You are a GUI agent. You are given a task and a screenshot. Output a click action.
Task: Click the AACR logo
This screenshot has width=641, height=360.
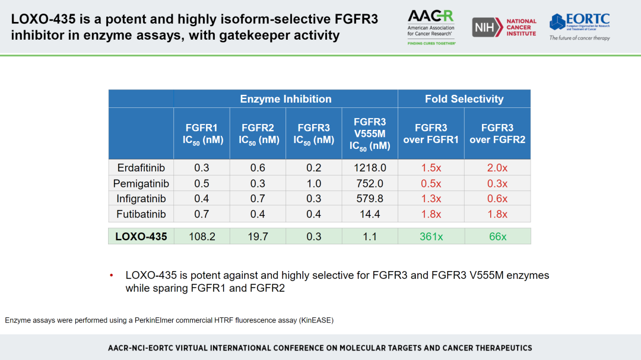click(x=431, y=27)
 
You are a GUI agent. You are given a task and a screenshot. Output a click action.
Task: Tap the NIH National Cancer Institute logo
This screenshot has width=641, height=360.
click(x=504, y=27)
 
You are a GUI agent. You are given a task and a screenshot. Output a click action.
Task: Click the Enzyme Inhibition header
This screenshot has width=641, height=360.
click(x=285, y=99)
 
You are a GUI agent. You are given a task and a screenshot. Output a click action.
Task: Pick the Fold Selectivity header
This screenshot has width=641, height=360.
click(x=464, y=99)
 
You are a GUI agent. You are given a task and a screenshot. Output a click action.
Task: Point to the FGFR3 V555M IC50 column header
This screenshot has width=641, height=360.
click(x=370, y=133)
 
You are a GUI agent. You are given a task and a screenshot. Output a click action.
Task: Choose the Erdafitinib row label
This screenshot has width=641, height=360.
click(x=141, y=168)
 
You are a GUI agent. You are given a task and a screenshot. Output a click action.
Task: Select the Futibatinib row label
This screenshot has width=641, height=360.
click(x=141, y=214)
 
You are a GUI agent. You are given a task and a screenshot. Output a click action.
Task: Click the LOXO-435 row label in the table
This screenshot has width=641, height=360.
click(x=141, y=237)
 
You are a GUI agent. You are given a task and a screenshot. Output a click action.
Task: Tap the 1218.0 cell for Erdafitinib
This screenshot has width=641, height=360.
click(x=370, y=168)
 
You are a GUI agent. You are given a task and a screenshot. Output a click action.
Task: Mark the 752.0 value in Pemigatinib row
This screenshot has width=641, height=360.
click(x=370, y=183)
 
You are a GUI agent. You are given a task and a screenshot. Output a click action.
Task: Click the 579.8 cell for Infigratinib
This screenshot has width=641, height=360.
click(x=370, y=199)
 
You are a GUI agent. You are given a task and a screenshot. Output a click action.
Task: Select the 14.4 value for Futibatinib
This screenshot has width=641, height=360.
click(x=370, y=214)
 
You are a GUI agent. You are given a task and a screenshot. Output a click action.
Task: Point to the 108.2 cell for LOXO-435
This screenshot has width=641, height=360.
click(x=202, y=237)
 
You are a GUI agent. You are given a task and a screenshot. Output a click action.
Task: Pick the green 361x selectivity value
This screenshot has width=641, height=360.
click(x=431, y=237)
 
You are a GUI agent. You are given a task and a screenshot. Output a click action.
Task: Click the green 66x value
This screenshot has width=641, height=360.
click(x=497, y=237)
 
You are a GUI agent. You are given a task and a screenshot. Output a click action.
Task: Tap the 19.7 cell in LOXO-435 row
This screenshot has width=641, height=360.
click(x=258, y=237)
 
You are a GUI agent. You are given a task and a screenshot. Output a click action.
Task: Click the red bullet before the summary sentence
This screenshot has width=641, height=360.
click(x=111, y=276)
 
